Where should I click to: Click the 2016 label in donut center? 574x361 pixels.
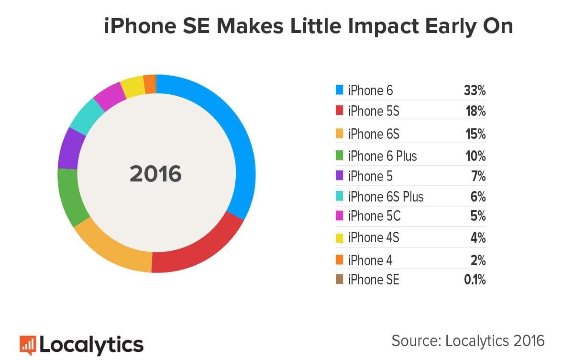coord(156,174)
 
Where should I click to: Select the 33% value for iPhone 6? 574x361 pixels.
coord(475,90)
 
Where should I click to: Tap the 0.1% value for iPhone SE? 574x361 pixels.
coord(475,280)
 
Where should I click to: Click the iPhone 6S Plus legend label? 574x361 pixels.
coord(386,197)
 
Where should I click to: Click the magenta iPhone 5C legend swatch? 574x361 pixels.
coord(340,216)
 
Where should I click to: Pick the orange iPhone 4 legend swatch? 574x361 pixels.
coord(340,259)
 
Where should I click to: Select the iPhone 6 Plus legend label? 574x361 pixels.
coord(382,156)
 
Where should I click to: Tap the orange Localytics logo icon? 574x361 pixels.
coord(27,344)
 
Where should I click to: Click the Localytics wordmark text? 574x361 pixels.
coord(91,344)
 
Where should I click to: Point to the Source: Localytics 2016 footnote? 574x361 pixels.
coord(468,340)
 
